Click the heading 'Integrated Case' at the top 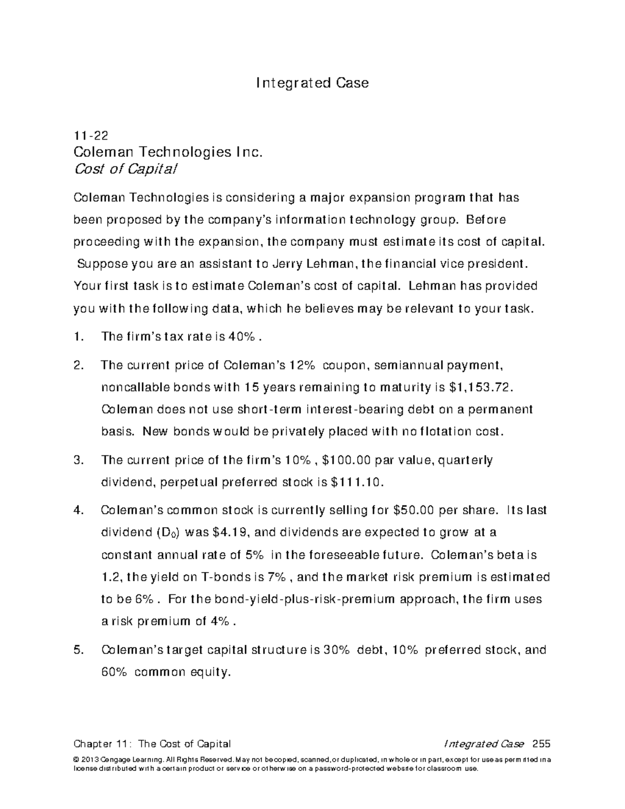(312, 83)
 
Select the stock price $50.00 (413, 510)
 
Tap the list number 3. (79, 460)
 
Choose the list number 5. (79, 650)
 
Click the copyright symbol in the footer (77, 760)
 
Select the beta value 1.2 (110, 577)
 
